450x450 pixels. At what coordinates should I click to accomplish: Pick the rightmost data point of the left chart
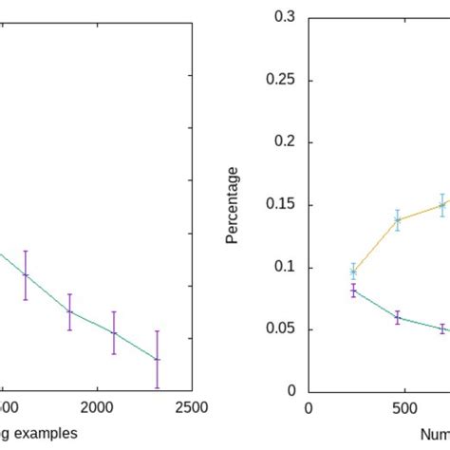[x=157, y=360]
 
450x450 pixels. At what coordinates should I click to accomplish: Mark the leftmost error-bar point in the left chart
[x=26, y=274]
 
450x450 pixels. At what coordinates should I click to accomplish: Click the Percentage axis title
[x=233, y=205]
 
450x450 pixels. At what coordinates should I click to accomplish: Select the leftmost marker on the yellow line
[x=353, y=272]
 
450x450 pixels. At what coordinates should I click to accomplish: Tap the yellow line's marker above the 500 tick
[x=398, y=219]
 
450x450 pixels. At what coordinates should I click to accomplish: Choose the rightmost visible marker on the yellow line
[x=442, y=204]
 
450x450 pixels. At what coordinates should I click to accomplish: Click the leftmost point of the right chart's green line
[x=353, y=291]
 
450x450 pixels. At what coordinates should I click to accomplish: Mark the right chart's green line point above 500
[x=398, y=318]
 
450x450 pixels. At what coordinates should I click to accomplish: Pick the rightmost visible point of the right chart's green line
[x=442, y=328]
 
